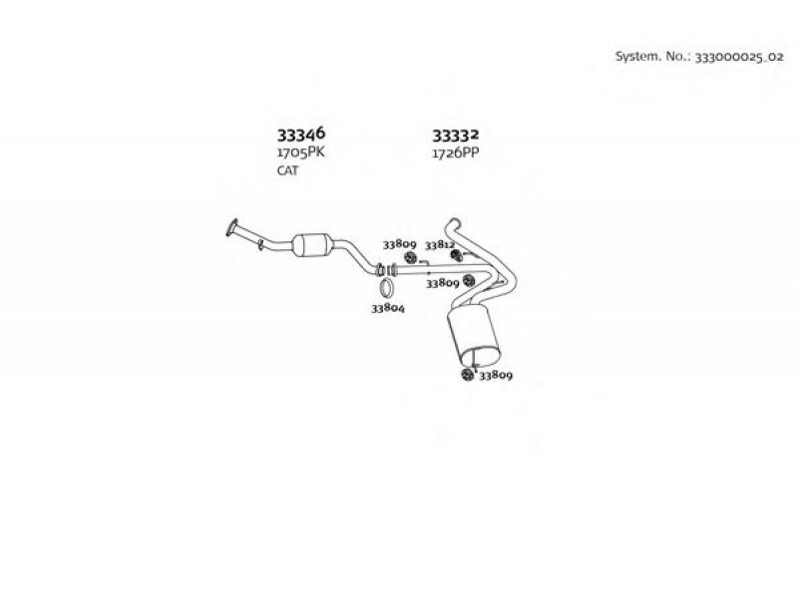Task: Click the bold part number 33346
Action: coord(301,135)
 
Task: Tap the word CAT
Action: coord(287,170)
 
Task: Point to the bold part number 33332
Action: coord(456,136)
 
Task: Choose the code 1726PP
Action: coord(456,153)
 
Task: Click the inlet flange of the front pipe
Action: coord(234,227)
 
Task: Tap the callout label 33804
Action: coord(387,309)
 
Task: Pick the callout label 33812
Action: coord(439,244)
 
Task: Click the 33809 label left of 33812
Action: coord(398,243)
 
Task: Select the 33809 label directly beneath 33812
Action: coord(441,283)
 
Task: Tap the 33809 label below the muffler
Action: coord(495,376)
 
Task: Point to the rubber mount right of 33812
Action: coord(458,255)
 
